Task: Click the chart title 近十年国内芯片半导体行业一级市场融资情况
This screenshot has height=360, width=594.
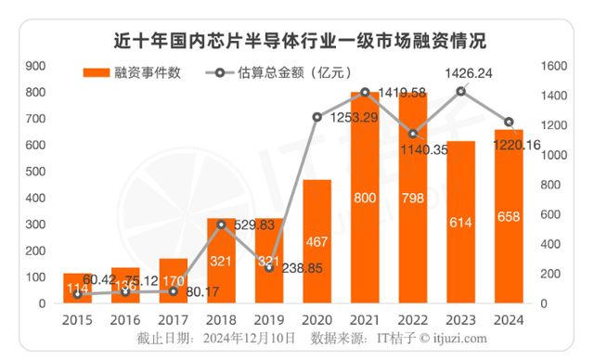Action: pyautogui.click(x=297, y=42)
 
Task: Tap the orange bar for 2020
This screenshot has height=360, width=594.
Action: pyautogui.click(x=316, y=241)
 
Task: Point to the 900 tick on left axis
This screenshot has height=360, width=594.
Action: pyautogui.click(x=36, y=66)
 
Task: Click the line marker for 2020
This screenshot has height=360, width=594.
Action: pyautogui.click(x=316, y=117)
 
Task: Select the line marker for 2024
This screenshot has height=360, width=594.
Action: pyautogui.click(x=510, y=122)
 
